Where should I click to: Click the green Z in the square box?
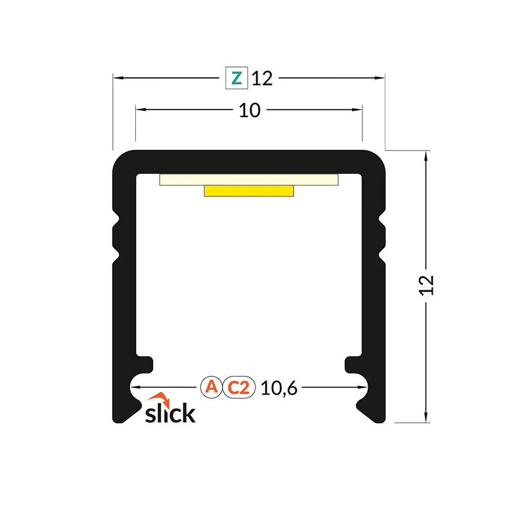click(x=236, y=78)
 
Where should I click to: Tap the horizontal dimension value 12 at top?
click(x=262, y=79)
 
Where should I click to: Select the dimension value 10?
click(x=250, y=110)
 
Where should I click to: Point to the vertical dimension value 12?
click(x=427, y=285)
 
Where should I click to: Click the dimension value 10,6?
click(x=279, y=388)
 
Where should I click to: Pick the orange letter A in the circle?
click(x=211, y=387)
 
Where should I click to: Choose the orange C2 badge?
click(x=239, y=388)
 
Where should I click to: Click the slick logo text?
click(x=170, y=413)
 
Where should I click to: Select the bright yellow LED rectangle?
click(x=249, y=191)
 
